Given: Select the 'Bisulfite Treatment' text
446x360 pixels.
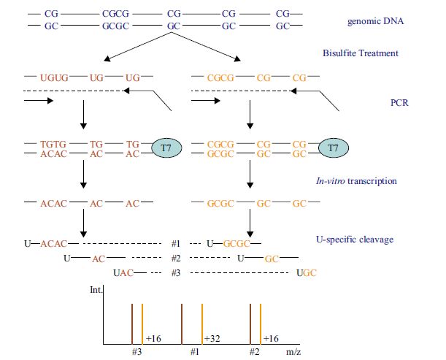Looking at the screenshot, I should pyautogui.click(x=361, y=53).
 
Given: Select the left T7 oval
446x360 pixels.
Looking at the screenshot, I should pyautogui.click(x=166, y=149).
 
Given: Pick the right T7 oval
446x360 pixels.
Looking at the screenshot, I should pyautogui.click(x=332, y=149).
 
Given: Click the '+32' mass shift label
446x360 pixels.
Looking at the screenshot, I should pyautogui.click(x=212, y=339).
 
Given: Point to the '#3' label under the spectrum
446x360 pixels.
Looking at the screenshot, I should pyautogui.click(x=136, y=351).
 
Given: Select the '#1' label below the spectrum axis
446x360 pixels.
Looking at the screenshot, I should pyautogui.click(x=195, y=351).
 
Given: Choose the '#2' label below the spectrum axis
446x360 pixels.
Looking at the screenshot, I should pyautogui.click(x=255, y=351).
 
